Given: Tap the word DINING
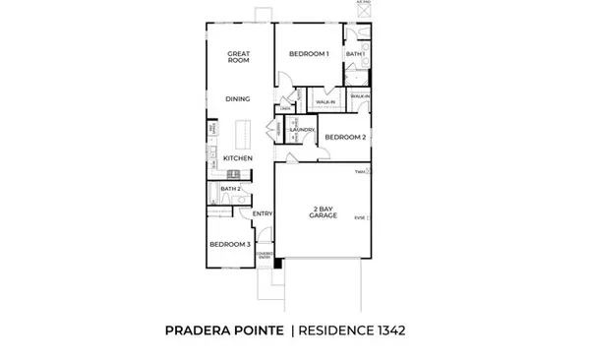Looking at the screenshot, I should (237, 98).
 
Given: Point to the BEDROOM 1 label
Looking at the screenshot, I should (308, 54).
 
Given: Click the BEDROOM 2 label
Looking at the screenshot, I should (345, 137).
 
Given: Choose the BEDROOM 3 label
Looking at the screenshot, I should (229, 244).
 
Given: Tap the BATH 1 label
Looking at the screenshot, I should (353, 54).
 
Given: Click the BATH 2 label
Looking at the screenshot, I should (230, 189).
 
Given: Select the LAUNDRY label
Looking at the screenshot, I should (301, 130).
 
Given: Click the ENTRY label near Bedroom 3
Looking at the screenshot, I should (262, 213).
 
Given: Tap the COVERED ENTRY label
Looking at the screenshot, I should (264, 253).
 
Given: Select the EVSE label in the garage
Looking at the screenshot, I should (360, 217).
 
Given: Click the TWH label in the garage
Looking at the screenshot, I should (360, 171).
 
